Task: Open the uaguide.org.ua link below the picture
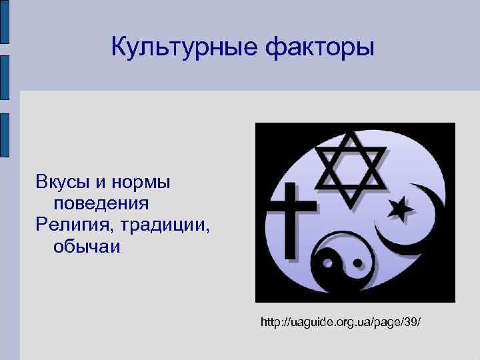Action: click(341, 322)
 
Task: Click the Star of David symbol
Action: click(352, 163)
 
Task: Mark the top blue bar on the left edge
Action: click(5, 23)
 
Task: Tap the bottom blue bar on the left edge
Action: click(5, 135)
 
